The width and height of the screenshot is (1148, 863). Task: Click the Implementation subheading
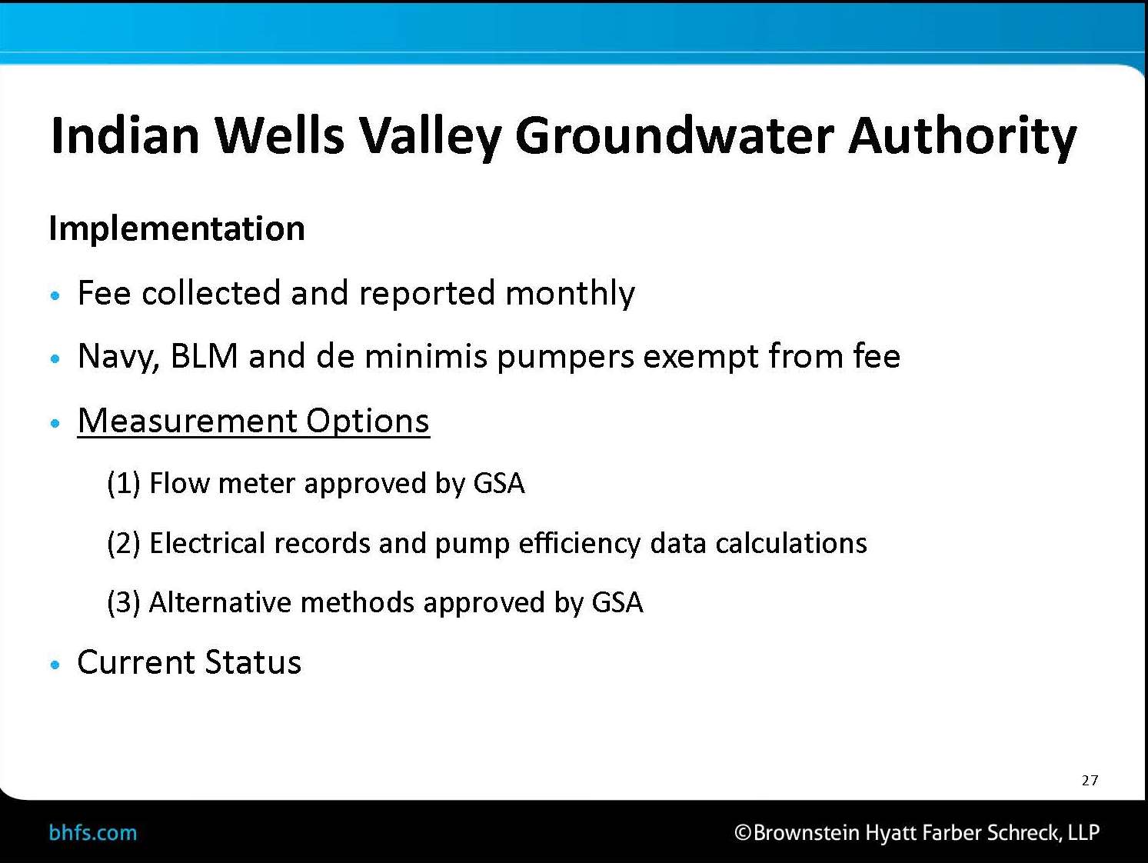(x=177, y=228)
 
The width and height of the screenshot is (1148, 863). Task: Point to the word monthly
(x=570, y=293)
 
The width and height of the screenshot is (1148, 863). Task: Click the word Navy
(x=118, y=358)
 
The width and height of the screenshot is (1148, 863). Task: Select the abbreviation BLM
(x=205, y=356)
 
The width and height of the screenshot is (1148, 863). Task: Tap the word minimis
(x=426, y=356)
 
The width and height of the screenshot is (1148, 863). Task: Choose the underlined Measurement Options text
(x=254, y=421)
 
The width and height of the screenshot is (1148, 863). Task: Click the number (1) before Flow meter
(x=124, y=483)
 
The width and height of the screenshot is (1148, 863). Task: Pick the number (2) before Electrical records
(x=124, y=543)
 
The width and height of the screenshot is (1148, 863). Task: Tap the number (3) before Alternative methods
(x=124, y=602)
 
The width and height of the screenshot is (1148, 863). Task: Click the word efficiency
(x=580, y=544)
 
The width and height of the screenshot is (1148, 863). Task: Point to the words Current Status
(x=189, y=662)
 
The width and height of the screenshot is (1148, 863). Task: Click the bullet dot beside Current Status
(x=55, y=665)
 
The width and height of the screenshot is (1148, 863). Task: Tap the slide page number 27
(x=1090, y=781)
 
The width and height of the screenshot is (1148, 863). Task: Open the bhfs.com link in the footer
(x=92, y=833)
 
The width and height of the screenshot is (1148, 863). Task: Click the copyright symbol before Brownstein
(x=743, y=832)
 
